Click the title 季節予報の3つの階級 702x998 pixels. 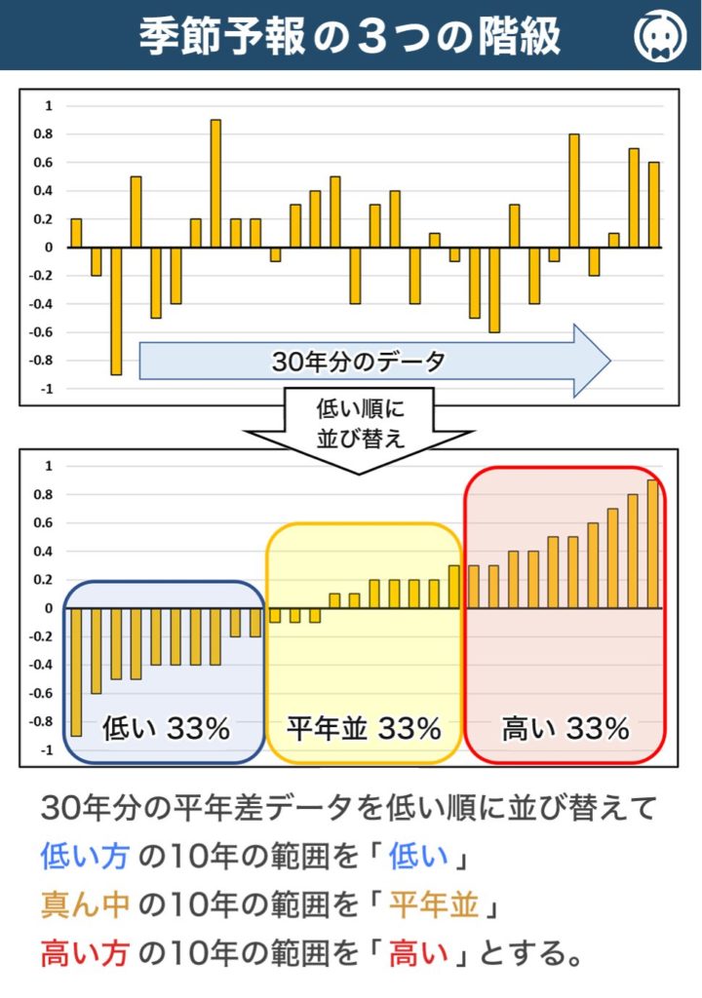pyautogui.click(x=349, y=36)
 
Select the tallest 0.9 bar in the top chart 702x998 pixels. pyautogui.click(x=215, y=183)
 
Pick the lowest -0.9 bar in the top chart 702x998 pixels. pyautogui.click(x=116, y=310)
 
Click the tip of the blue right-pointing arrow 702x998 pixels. pyautogui.click(x=608, y=361)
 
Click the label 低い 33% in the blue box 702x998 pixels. pyautogui.click(x=166, y=728)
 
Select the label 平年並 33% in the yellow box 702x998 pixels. pyautogui.click(x=364, y=728)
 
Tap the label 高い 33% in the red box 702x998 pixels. pyautogui.click(x=565, y=728)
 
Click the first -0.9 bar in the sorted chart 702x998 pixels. pyautogui.click(x=76, y=672)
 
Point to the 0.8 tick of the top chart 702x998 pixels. pyautogui.click(x=46, y=134)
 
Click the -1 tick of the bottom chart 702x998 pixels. pyautogui.click(x=46, y=750)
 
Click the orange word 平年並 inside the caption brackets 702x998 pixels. pyautogui.click(x=434, y=906)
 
